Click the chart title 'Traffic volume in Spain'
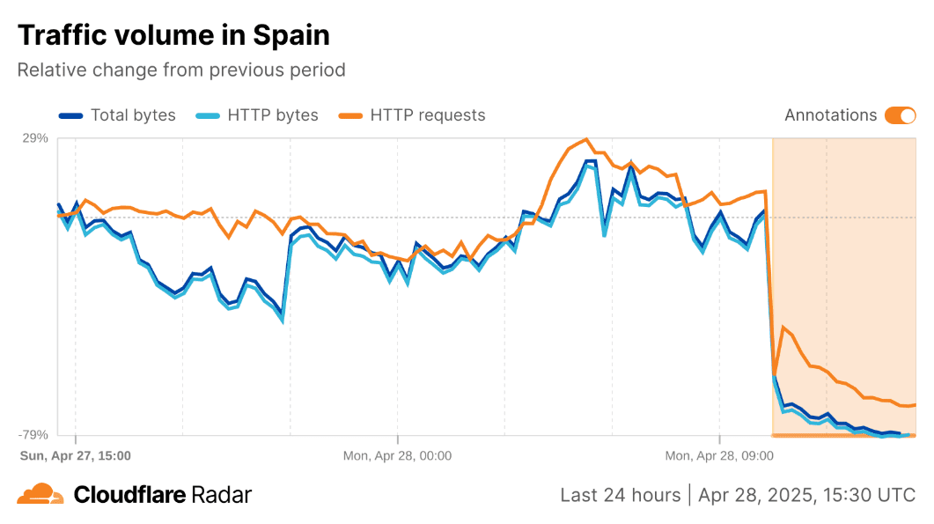point(173,35)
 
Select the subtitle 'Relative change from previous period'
point(181,70)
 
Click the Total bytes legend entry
point(117,115)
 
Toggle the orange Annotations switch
point(901,115)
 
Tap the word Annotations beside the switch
point(830,115)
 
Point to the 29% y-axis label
point(35,138)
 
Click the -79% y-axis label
point(33,434)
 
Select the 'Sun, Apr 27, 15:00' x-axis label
point(76,456)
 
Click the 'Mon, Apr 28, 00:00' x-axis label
point(397,456)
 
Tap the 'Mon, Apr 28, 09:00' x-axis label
point(719,456)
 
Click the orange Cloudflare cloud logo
point(40,494)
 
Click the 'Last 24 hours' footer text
point(620,495)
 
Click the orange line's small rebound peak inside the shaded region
point(783,328)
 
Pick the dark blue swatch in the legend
point(70,115)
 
